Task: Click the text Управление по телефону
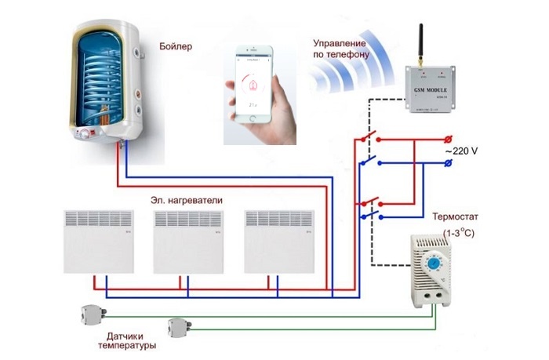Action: pos(339,49)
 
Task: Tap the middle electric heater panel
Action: pos(188,240)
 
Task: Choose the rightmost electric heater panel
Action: pos(278,240)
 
